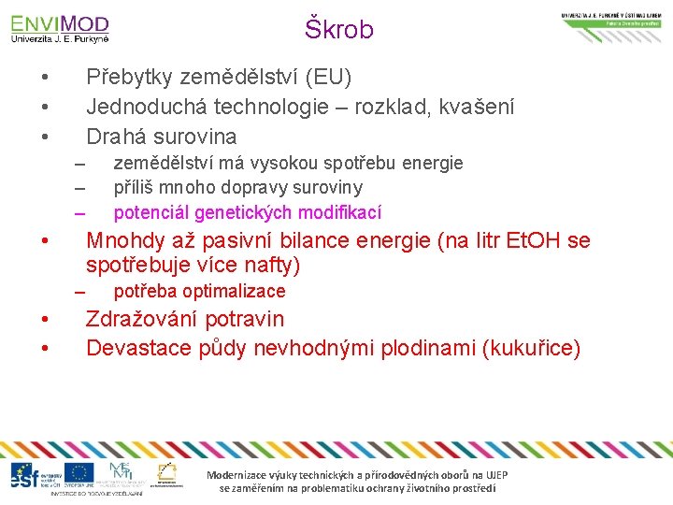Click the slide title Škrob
338,30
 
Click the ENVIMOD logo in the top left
60,27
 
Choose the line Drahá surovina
161,137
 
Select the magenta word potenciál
151,213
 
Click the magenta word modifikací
339,213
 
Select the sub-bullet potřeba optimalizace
199,291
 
